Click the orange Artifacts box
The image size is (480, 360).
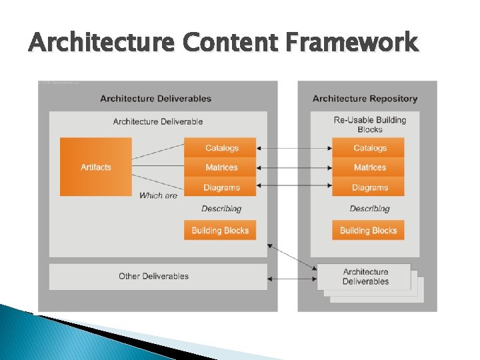pos(96,167)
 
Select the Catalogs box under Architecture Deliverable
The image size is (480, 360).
pos(221,148)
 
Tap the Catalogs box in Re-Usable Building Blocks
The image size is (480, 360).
pos(369,148)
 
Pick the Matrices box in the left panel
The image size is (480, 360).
pos(221,167)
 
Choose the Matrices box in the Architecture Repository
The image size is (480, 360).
pos(369,167)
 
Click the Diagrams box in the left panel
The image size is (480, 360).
pos(221,187)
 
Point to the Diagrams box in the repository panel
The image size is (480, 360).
pos(369,187)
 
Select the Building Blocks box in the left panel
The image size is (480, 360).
pos(220,231)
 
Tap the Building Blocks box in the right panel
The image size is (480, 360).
pos(368,231)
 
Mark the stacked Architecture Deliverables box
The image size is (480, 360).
pos(366,277)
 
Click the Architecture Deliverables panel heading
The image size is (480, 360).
pos(155,99)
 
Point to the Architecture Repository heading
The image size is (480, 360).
pos(365,99)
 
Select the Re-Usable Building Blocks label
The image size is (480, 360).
pos(369,124)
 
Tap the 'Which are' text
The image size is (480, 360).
pos(158,195)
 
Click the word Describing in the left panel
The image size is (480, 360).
pos(221,209)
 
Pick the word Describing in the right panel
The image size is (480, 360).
pos(369,209)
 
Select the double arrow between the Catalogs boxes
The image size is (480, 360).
pos(295,148)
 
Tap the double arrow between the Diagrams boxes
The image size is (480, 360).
pos(295,185)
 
